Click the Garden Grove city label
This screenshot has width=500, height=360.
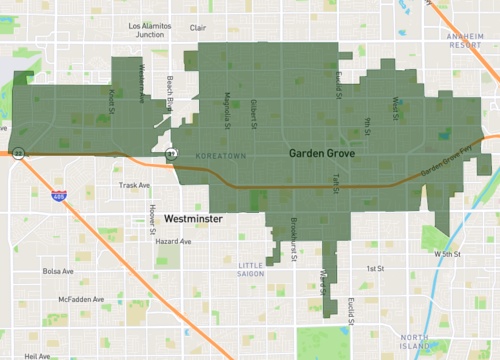pos(322,154)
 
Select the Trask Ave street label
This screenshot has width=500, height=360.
pos(133,185)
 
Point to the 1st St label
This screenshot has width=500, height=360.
pos(375,268)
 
